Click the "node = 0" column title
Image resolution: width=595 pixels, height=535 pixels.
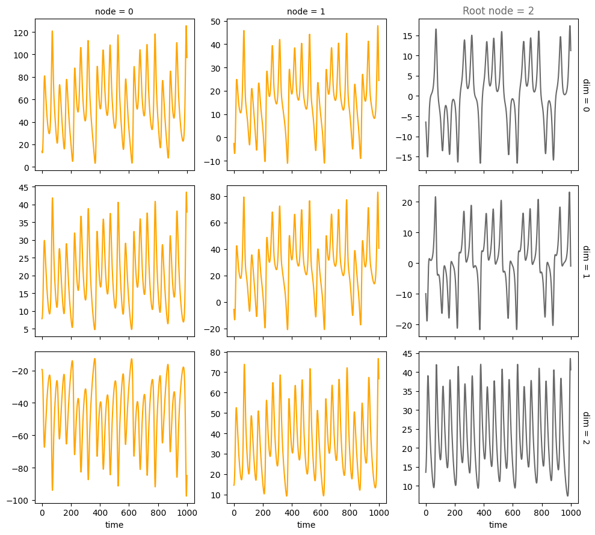114,11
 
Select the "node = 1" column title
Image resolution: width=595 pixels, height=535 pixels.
306,11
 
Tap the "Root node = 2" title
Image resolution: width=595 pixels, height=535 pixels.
498,11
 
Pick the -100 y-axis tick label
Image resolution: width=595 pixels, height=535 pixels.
19,501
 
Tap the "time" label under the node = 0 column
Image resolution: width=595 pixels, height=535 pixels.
114,525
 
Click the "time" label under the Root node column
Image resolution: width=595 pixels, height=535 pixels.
498,525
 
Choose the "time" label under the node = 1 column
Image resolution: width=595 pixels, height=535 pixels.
306,525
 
